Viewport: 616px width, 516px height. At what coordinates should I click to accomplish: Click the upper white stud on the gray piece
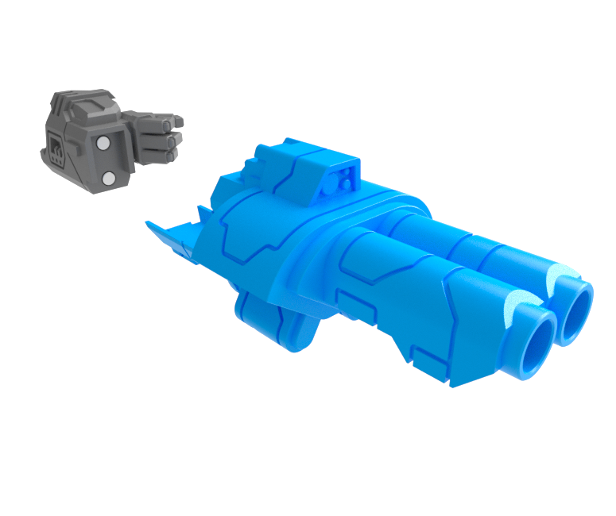click(103, 144)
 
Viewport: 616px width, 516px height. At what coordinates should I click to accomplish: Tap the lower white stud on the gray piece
click(110, 178)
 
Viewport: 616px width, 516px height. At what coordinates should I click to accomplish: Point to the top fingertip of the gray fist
click(178, 121)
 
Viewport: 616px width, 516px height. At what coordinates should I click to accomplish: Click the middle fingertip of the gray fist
click(176, 138)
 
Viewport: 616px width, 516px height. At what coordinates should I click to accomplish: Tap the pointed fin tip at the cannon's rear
click(149, 224)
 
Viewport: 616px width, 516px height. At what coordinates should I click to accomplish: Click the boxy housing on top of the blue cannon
click(318, 171)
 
